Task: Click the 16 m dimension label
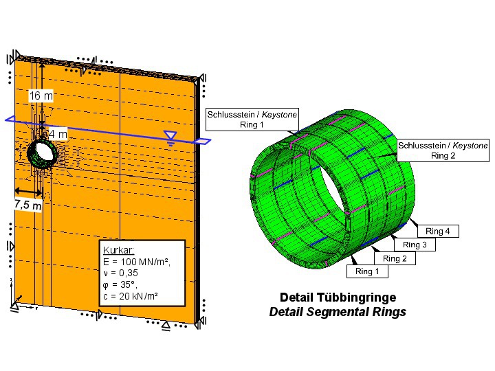pyautogui.click(x=41, y=96)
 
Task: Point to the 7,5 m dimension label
pyautogui.click(x=28, y=205)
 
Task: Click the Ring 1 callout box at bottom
pyautogui.click(x=367, y=271)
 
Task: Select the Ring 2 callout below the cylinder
pyautogui.click(x=395, y=258)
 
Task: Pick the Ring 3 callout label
pyautogui.click(x=415, y=245)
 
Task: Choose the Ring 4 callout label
pyautogui.click(x=438, y=232)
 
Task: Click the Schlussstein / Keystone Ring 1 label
pyautogui.click(x=252, y=120)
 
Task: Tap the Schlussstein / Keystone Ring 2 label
pyautogui.click(x=443, y=150)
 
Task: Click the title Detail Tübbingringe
pyautogui.click(x=338, y=297)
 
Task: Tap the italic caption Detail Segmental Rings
pyautogui.click(x=338, y=312)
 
